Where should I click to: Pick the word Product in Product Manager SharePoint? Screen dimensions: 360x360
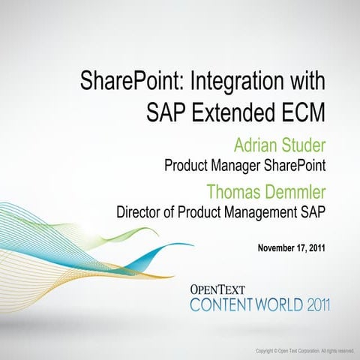(x=187, y=165)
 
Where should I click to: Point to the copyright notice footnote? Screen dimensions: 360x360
(x=304, y=351)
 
